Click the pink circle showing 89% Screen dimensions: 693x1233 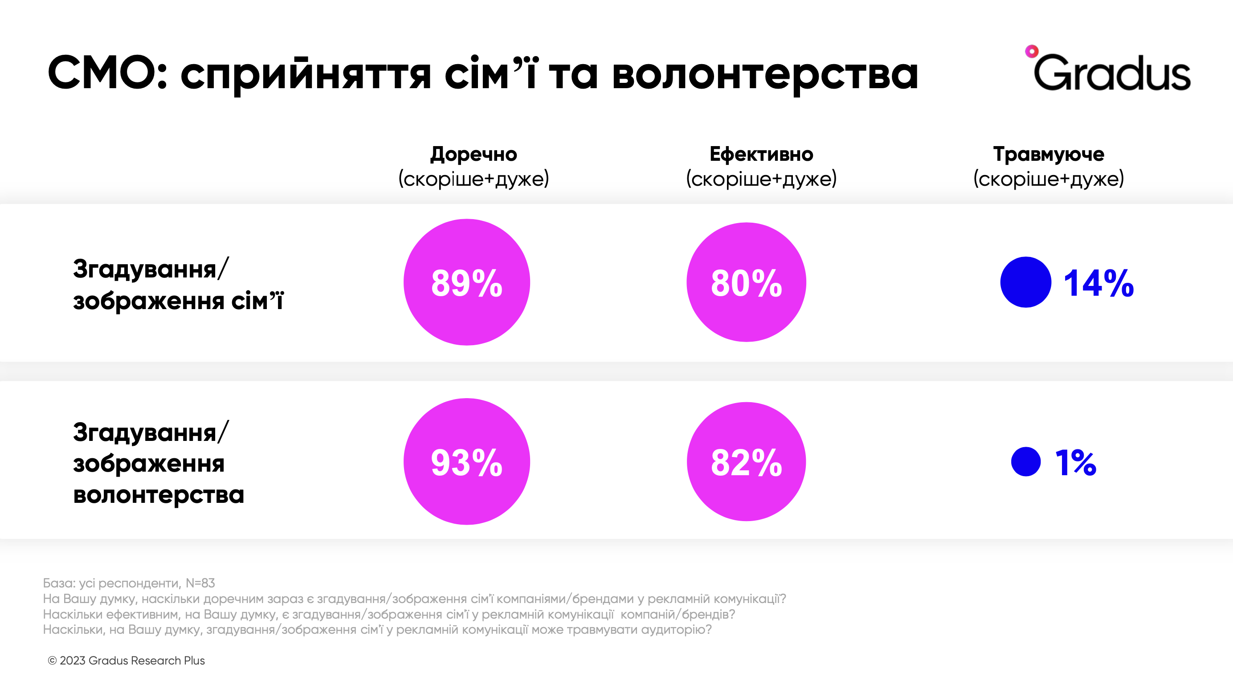[x=467, y=282]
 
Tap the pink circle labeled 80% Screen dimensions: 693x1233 [x=746, y=282]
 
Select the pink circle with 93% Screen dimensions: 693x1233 [x=467, y=461]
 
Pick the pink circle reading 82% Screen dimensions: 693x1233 [x=746, y=461]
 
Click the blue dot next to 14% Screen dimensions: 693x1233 [x=1025, y=282]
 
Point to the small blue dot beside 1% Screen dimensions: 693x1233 [x=1025, y=461]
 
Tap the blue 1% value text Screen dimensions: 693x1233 [x=1075, y=462]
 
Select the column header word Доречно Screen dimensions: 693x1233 [x=474, y=154]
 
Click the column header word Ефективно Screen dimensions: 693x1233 [x=761, y=154]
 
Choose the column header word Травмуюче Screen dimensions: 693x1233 [x=1048, y=154]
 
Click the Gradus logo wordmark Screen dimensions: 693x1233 [x=1112, y=73]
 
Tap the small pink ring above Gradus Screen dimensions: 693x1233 [x=1032, y=51]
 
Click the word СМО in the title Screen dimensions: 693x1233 [x=107, y=73]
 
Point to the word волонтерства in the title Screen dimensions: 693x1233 [x=765, y=74]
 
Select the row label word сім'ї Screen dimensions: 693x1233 [x=257, y=301]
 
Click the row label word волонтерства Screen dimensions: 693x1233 [x=159, y=494]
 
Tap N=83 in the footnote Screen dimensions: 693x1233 [x=200, y=583]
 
